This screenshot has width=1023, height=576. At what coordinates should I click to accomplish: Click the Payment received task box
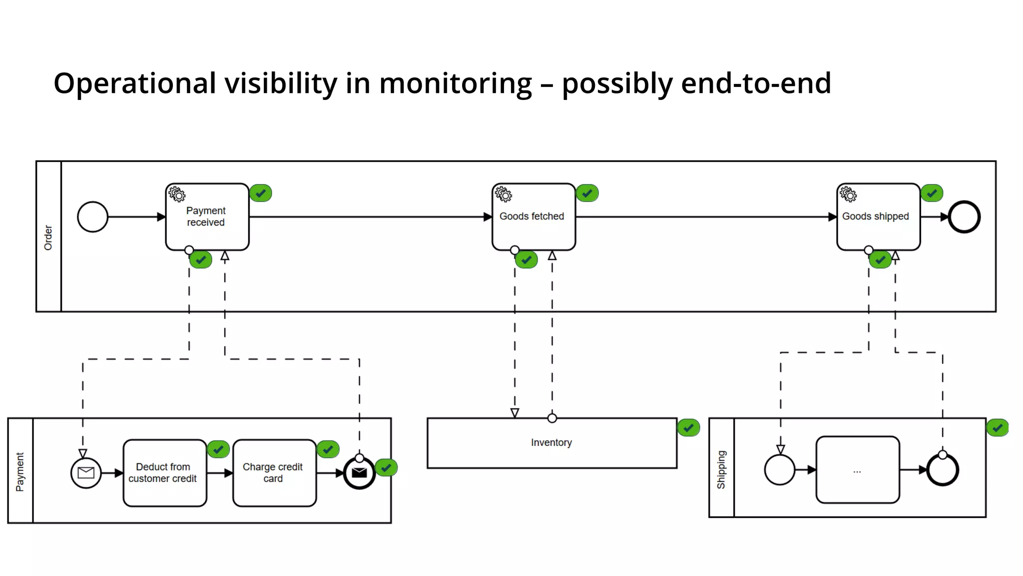(207, 216)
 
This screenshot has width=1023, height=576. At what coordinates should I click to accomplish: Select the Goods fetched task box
(533, 216)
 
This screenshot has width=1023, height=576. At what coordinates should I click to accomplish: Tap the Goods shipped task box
(878, 216)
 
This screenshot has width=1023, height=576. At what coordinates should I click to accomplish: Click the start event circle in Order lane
(93, 217)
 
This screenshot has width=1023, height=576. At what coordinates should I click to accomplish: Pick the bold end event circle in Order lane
(964, 217)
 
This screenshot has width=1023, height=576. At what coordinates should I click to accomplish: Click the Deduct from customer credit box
(164, 472)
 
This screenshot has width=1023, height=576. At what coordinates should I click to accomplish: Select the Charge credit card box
(274, 472)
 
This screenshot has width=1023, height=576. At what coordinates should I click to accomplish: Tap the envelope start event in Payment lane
(86, 472)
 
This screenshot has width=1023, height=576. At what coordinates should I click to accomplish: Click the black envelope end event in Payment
(359, 472)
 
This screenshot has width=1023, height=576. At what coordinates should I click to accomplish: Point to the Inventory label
(551, 442)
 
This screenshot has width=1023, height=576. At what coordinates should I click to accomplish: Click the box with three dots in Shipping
(857, 470)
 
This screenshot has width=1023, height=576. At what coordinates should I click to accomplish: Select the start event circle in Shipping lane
(779, 470)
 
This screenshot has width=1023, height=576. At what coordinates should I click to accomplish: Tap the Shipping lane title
(721, 469)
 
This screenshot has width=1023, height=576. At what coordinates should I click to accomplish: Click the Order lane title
(48, 237)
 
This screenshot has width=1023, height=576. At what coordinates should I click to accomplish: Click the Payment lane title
(19, 472)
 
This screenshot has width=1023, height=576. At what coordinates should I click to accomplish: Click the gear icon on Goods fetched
(504, 194)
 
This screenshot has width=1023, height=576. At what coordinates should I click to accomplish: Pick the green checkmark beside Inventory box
(688, 427)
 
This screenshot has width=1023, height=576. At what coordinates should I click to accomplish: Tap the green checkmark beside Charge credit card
(328, 449)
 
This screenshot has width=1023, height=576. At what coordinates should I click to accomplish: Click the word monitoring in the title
(455, 83)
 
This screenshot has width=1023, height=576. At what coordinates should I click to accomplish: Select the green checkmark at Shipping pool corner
(997, 427)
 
